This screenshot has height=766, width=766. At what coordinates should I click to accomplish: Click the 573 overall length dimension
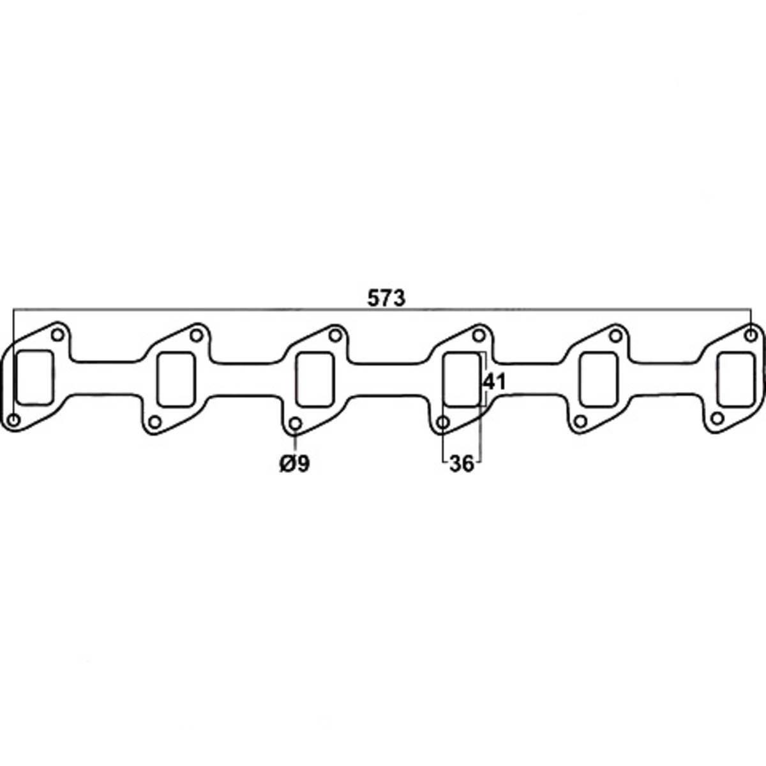(x=387, y=297)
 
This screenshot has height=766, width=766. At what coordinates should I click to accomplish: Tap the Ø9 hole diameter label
(x=294, y=464)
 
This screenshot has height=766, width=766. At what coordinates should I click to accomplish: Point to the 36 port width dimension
(x=462, y=464)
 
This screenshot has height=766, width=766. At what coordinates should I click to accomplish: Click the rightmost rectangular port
(x=737, y=379)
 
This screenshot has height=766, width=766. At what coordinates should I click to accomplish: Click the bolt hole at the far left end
(x=14, y=419)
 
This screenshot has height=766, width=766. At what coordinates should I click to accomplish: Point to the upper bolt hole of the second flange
(x=197, y=334)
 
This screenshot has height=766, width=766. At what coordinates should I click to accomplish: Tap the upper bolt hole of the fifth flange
(x=616, y=334)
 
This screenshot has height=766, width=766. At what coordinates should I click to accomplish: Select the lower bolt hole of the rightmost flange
(x=717, y=419)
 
